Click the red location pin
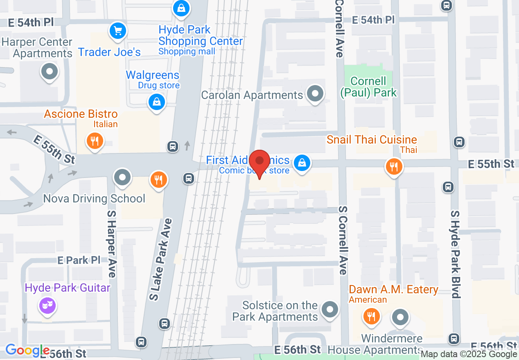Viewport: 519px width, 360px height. [259, 162]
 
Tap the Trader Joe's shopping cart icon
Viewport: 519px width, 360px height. [118, 31]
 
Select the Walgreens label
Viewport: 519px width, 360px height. [152, 75]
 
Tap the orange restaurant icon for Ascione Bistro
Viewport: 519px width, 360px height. [95, 141]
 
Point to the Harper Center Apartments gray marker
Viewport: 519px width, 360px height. [50, 72]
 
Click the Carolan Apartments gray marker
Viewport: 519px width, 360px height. [315, 94]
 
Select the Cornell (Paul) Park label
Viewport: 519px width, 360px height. [368, 87]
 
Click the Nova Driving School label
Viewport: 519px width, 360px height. [94, 199]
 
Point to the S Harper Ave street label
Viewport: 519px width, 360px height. [111, 244]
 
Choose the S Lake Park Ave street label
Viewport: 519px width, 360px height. [160, 260]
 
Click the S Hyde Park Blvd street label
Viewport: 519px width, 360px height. [456, 254]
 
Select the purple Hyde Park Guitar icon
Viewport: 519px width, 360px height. [47, 305]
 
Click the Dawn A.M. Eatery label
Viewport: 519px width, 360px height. [393, 290]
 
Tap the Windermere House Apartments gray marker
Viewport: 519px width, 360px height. [400, 317]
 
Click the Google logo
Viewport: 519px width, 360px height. [27, 351]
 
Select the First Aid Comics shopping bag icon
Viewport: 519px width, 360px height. [302, 163]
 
